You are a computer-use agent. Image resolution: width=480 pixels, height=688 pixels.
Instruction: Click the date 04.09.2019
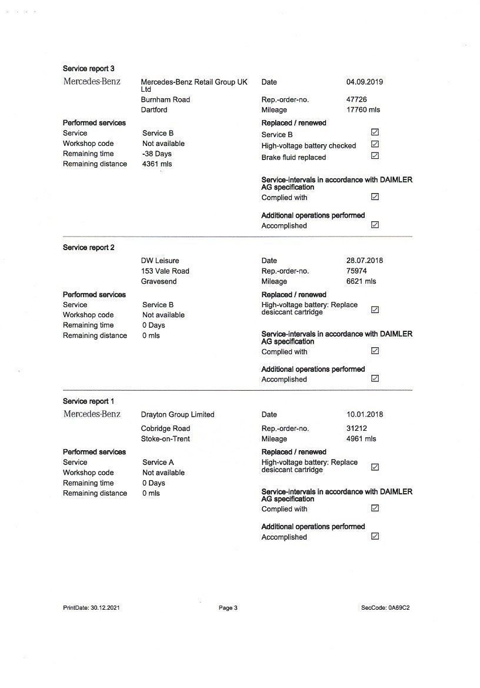[364, 82]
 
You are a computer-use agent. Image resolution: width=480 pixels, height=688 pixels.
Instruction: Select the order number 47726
[356, 99]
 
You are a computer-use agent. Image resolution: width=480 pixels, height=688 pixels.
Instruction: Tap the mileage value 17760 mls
[363, 109]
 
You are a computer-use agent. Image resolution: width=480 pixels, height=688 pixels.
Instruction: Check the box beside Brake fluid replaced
[375, 156]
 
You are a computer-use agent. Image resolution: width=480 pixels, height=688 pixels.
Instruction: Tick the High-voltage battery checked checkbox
[375, 144]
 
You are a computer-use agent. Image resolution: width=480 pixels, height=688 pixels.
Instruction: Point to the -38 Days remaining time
[157, 154]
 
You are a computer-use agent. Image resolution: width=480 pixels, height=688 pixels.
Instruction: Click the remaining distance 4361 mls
[157, 164]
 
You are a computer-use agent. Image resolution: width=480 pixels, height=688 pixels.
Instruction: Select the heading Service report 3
[88, 69]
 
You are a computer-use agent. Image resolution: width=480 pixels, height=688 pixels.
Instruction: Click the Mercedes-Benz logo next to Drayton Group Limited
[92, 414]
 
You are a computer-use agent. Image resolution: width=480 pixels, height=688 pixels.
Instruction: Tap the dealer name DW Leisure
[160, 260]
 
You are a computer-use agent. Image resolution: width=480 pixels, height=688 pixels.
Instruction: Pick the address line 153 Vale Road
[165, 271]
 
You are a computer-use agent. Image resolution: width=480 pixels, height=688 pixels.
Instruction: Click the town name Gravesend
[159, 281]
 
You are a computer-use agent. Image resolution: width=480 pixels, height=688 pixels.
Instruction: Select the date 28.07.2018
[364, 260]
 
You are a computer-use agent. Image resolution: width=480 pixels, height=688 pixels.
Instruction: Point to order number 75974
[356, 271]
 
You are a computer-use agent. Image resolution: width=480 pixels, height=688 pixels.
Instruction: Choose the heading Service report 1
[88, 401]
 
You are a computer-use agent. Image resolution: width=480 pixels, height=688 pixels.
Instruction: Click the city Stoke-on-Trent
[165, 438]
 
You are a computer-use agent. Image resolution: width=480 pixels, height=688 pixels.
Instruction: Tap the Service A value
[158, 462]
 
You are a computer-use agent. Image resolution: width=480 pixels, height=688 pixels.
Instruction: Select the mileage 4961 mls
[361, 438]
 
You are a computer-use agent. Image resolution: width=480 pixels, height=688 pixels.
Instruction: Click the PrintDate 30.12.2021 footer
[92, 608]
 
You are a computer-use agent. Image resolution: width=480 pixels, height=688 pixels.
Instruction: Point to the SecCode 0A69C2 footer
[385, 608]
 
